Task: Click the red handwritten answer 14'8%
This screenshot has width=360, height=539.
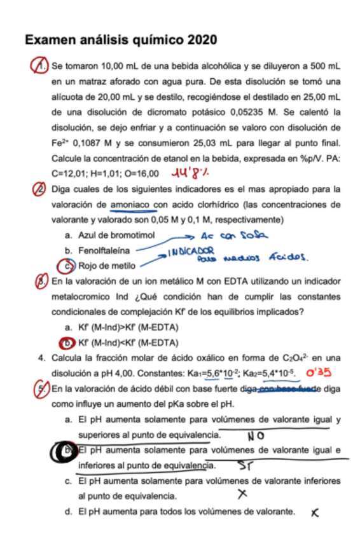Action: [x=193, y=172]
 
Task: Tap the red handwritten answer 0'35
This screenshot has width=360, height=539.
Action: [x=323, y=372]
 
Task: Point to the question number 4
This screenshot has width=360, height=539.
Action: [x=41, y=358]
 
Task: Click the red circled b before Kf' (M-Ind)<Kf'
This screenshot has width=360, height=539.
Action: [x=63, y=343]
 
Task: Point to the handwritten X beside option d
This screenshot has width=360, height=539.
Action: [x=314, y=512]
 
